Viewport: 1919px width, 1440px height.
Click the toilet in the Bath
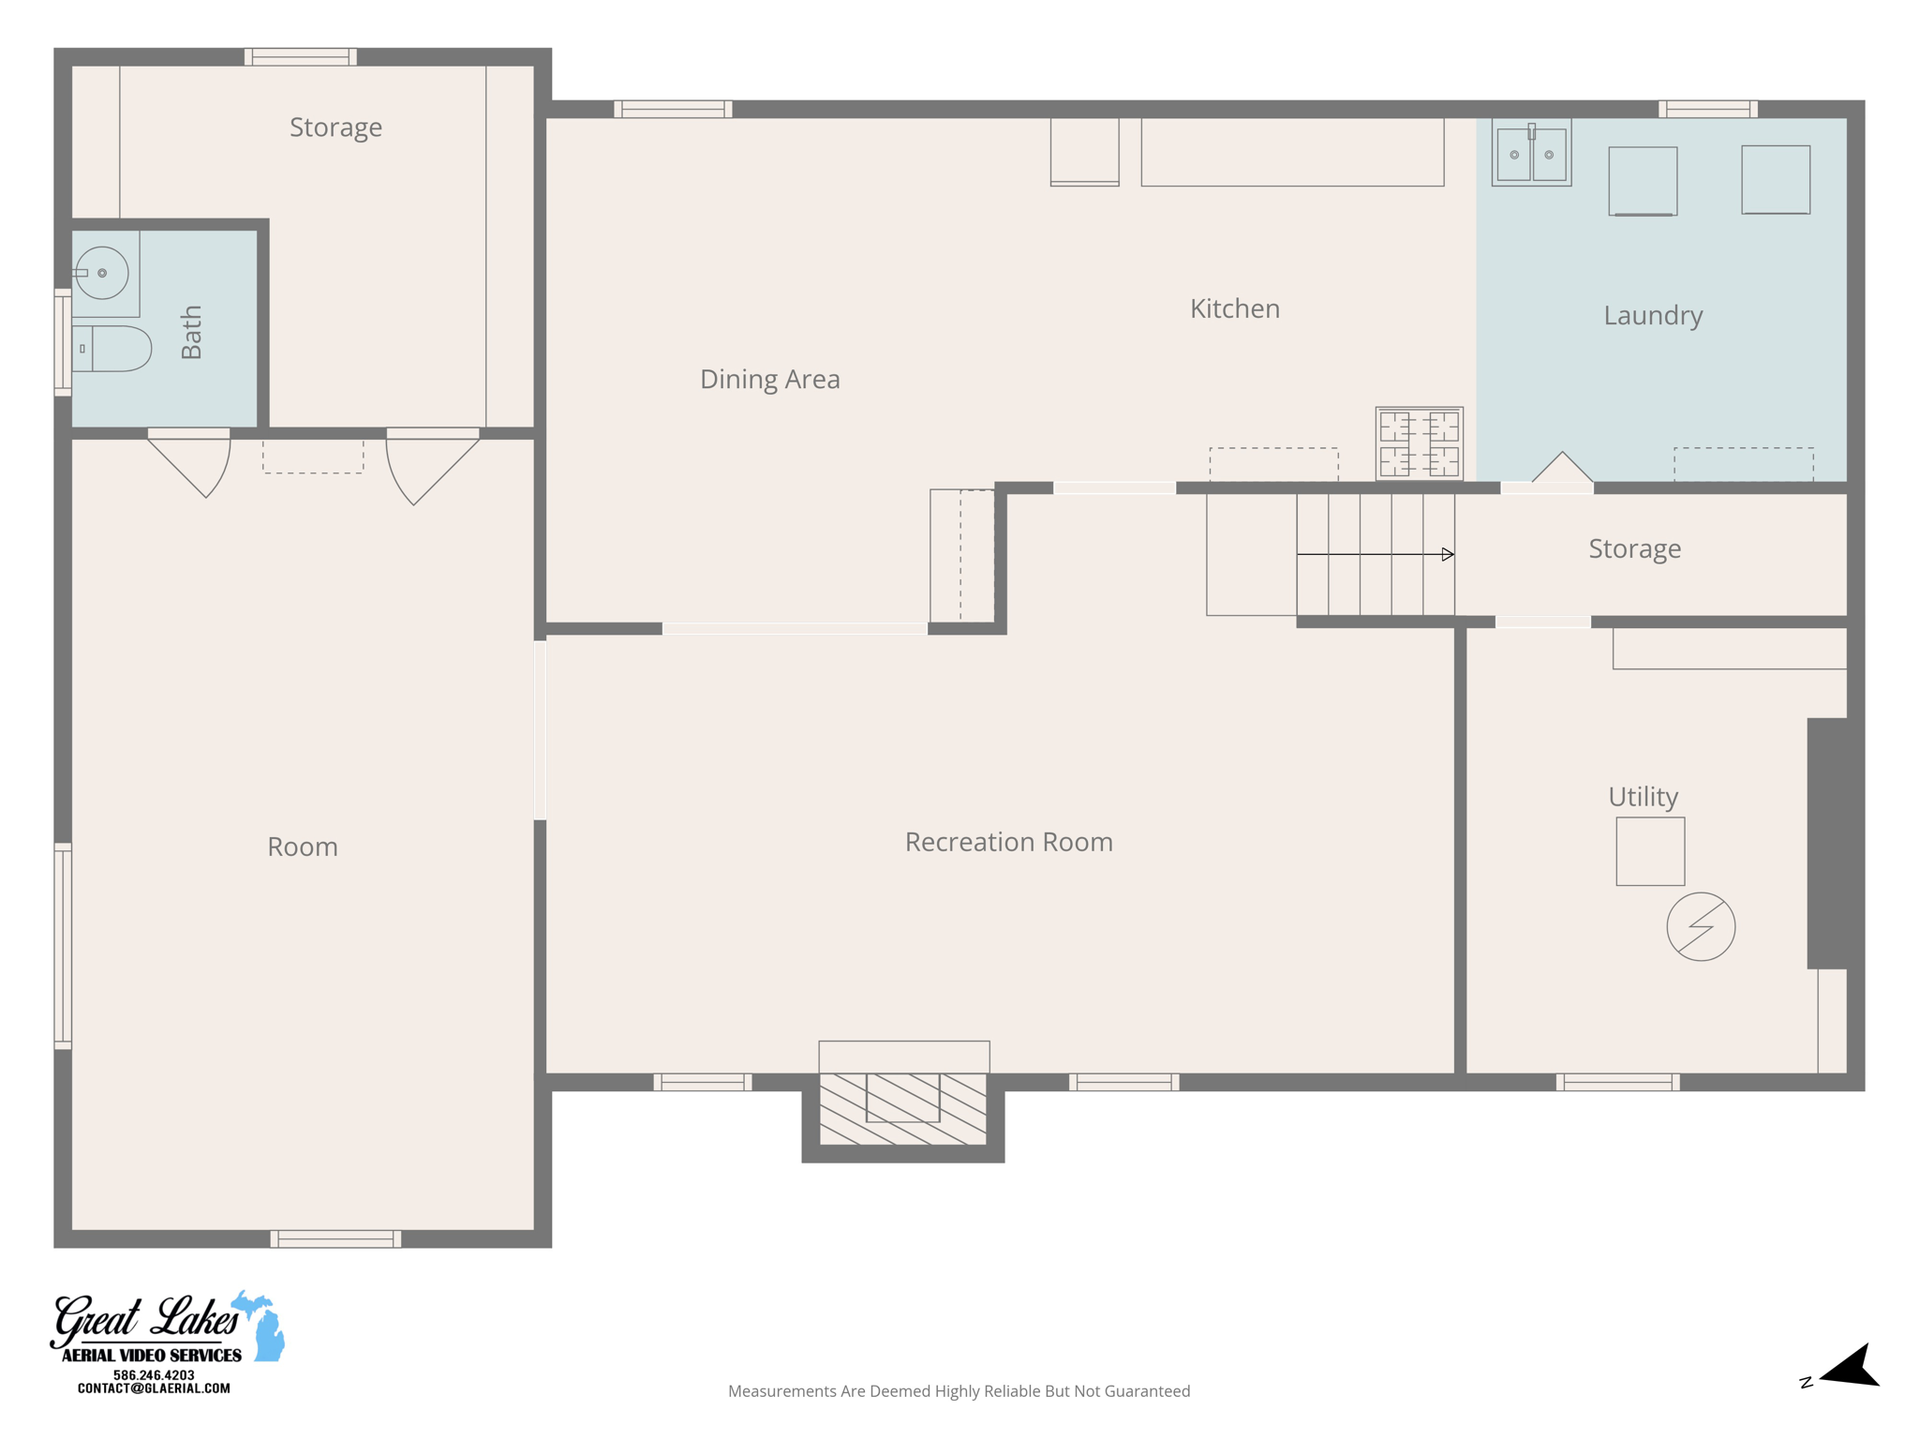113,349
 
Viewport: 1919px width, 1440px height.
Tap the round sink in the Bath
101,273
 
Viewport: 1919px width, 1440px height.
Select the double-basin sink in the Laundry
1531,154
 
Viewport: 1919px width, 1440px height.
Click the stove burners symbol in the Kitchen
1419,443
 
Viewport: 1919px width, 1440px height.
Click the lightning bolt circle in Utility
1701,926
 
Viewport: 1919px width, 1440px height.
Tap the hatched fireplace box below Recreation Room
902,1109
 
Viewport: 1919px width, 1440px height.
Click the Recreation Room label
1008,842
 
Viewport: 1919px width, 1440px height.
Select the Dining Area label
769,379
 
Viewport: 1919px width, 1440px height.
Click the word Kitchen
1234,308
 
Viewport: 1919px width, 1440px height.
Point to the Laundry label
1652,315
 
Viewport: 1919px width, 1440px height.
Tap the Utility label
1643,796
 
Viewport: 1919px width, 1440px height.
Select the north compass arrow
1848,1368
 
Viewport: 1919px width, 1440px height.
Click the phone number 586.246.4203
154,1374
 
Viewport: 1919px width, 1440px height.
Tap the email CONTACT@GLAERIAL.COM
154,1388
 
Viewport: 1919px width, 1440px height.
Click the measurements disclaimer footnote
959,1391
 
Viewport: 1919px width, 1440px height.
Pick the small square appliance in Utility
1649,851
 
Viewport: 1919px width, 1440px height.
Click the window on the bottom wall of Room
335,1238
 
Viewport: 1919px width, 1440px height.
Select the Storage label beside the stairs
1634,548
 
